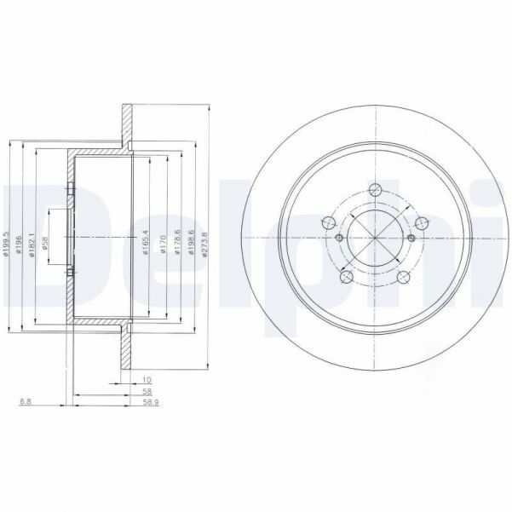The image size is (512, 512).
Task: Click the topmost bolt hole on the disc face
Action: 374,192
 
